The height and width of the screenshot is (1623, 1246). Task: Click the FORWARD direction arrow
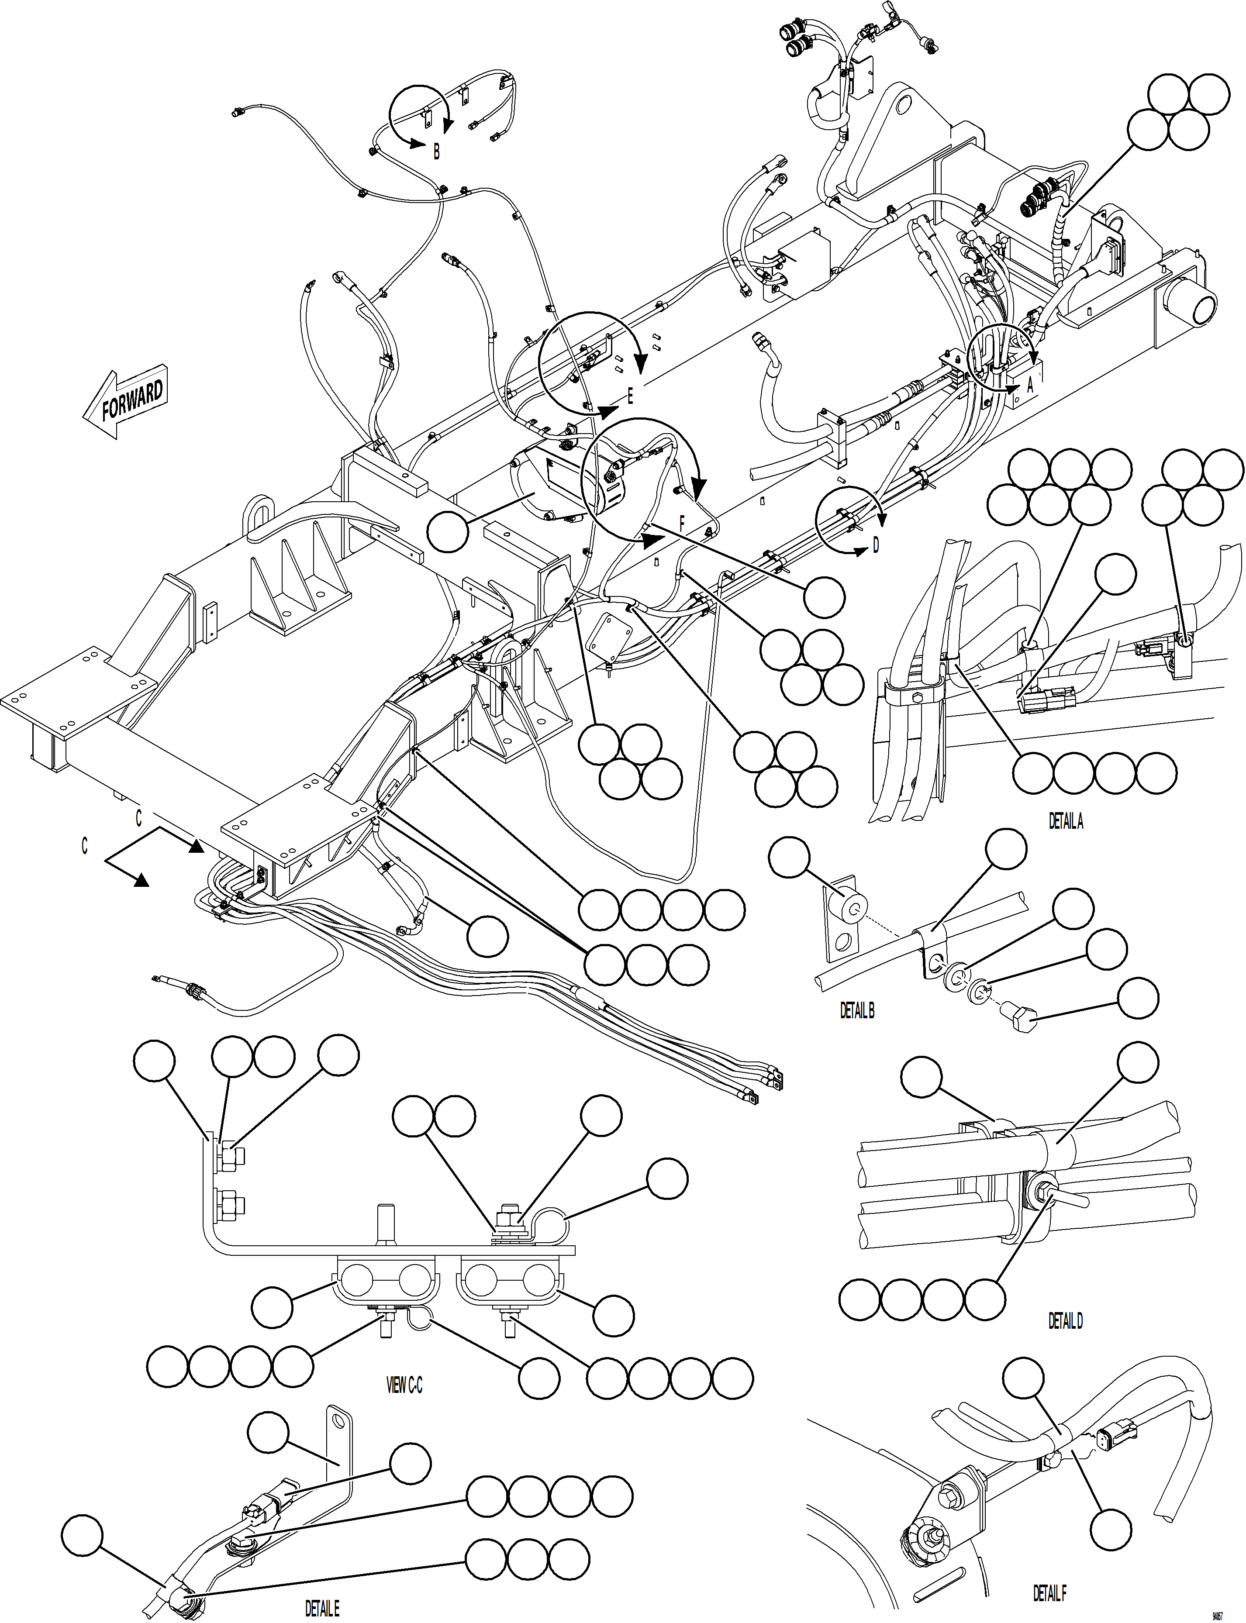(x=124, y=403)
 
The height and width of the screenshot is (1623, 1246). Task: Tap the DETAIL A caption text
(x=1066, y=821)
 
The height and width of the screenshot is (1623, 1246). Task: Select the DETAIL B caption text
(x=856, y=1010)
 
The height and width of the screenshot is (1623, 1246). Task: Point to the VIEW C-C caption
(x=404, y=1385)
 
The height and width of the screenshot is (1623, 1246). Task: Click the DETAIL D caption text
(x=1065, y=1320)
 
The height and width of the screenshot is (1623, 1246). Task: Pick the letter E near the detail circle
(x=630, y=396)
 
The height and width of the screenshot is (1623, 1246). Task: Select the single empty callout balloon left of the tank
(x=448, y=532)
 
